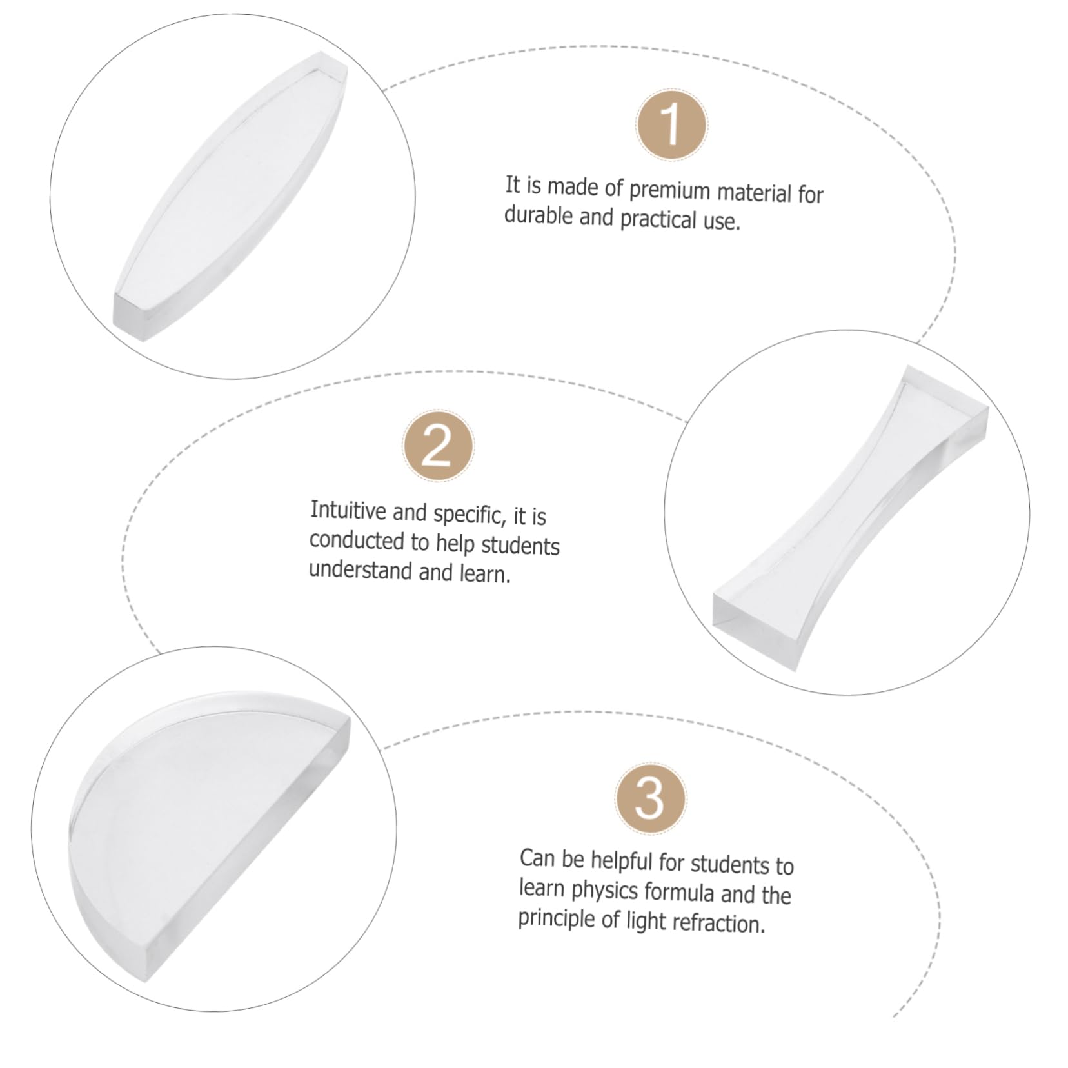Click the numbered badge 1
pyautogui.click(x=671, y=125)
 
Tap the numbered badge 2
pyautogui.click(x=438, y=445)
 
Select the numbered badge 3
pyautogui.click(x=650, y=798)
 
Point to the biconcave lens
pyautogui.click(x=850, y=519)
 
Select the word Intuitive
pyautogui.click(x=348, y=510)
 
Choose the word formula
pyautogui.click(x=679, y=893)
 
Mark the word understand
pyautogui.click(x=361, y=570)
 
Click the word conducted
pyautogui.click(x=357, y=540)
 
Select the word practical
pyautogui.click(x=658, y=219)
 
